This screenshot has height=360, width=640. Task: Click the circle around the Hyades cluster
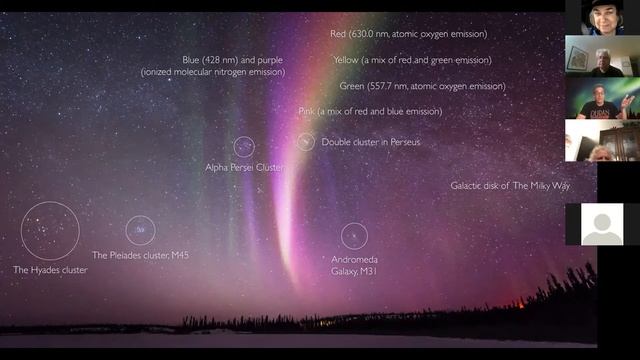click(50, 231)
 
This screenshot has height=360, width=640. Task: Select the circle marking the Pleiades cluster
click(140, 231)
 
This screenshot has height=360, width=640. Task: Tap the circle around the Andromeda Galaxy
click(354, 236)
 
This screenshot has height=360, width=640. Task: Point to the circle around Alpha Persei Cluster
click(244, 147)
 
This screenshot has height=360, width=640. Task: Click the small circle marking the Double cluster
click(306, 142)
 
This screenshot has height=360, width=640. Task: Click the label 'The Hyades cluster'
click(50, 270)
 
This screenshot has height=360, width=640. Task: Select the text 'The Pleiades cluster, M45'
click(140, 255)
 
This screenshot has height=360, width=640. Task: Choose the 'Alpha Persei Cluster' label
click(244, 167)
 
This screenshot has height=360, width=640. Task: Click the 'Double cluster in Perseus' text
click(371, 142)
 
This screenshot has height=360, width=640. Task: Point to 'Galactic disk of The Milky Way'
click(509, 186)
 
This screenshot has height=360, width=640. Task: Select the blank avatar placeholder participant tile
click(602, 225)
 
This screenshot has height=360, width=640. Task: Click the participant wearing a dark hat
click(602, 17)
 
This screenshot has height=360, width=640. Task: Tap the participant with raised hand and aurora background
click(602, 99)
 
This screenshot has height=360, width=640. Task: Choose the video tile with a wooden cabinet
click(602, 141)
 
